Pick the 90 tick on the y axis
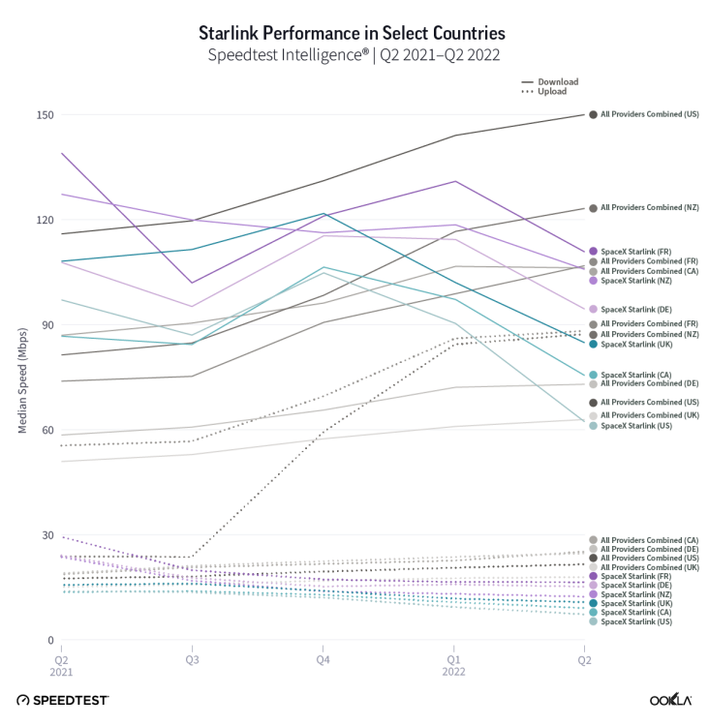click(x=45, y=325)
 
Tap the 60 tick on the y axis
click(x=45, y=431)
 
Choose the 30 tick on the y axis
click(x=45, y=535)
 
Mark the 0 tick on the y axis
click(x=47, y=641)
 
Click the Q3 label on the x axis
click(x=191, y=659)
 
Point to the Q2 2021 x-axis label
click(x=60, y=665)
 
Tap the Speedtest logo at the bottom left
click(x=62, y=699)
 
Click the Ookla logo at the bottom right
click(x=669, y=699)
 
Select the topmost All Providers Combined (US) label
click(x=649, y=114)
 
